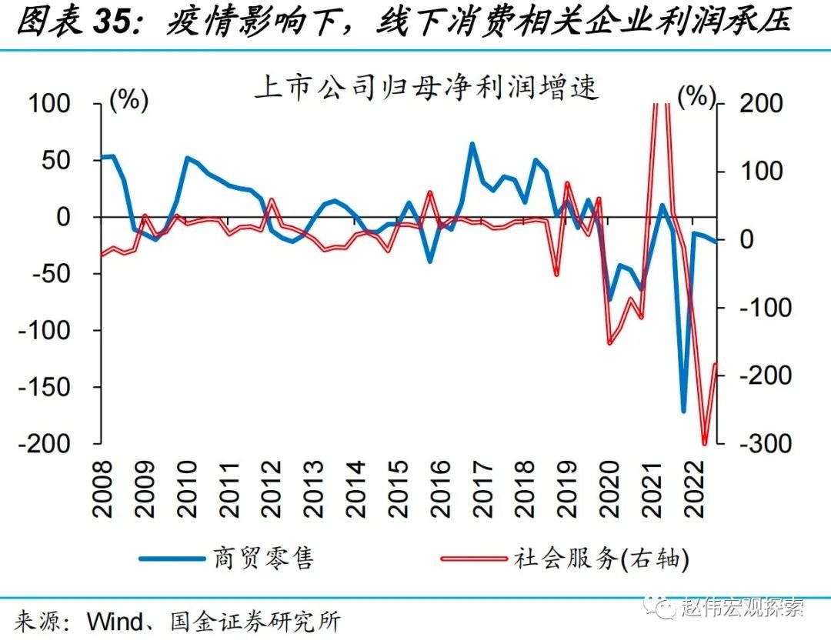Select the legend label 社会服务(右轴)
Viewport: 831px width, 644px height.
(x=600, y=559)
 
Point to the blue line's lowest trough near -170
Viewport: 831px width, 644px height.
(x=682, y=411)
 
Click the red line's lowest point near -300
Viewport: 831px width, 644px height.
(x=704, y=443)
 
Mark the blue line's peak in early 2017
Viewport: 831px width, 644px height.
(x=472, y=144)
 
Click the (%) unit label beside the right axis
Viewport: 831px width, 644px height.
(x=696, y=95)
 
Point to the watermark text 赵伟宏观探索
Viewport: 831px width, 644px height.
(x=743, y=607)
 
